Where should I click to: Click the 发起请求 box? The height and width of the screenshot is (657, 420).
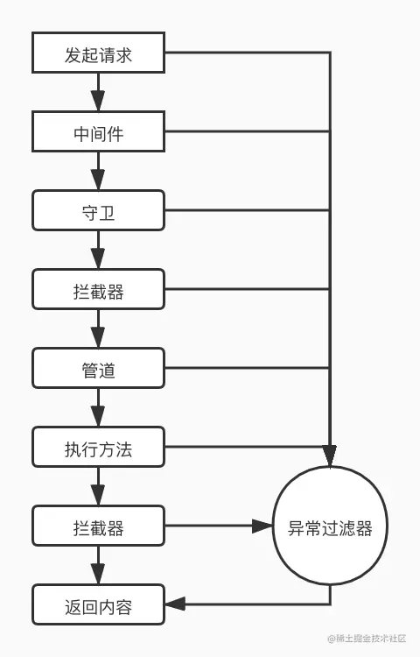(98, 53)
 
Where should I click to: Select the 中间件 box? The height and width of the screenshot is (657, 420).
(98, 132)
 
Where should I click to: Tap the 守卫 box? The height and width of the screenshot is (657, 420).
(98, 211)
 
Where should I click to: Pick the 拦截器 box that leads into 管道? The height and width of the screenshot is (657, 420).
(98, 290)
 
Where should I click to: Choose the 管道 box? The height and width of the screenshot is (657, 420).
(98, 369)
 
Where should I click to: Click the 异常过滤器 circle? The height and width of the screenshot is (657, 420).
(330, 527)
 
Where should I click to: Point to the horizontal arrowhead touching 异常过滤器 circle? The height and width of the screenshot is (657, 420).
(262, 526)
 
